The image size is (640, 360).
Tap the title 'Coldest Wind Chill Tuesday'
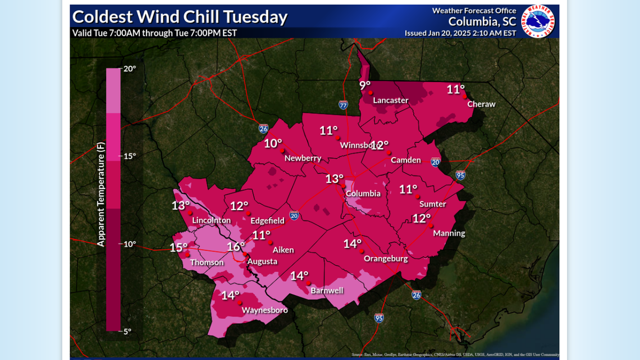click(x=180, y=17)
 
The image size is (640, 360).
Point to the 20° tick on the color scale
click(x=130, y=69)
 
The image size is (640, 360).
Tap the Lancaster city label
click(x=391, y=101)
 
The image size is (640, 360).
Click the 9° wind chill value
click(x=365, y=85)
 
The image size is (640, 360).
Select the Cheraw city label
click(x=482, y=104)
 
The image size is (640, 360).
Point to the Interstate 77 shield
click(x=343, y=104)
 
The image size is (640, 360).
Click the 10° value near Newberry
click(x=273, y=143)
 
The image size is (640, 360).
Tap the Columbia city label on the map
click(x=363, y=194)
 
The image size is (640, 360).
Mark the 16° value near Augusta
click(x=236, y=247)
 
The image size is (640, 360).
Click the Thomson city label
click(x=207, y=262)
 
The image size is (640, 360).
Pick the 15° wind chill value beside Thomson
click(x=179, y=248)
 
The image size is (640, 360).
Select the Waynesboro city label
click(x=264, y=310)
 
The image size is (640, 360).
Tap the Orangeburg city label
click(x=386, y=259)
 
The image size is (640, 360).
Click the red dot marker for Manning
click(x=430, y=225)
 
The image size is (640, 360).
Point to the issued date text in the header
click(x=460, y=33)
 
